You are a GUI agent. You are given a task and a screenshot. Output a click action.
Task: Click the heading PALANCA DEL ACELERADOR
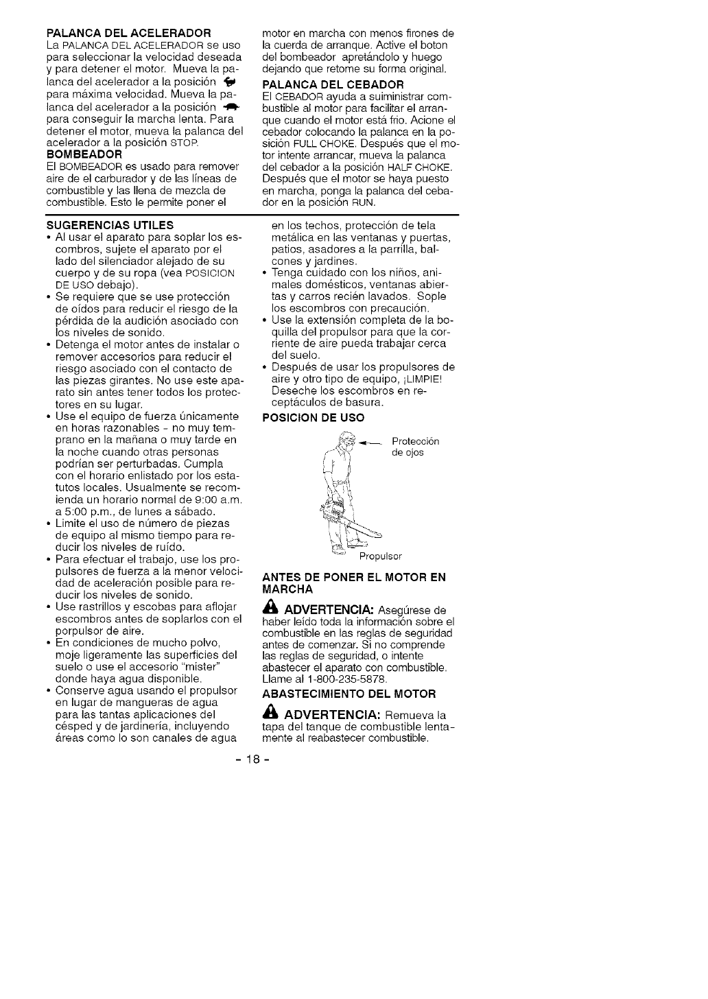(128, 33)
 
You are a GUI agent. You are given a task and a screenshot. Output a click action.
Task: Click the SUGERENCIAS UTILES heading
(110, 225)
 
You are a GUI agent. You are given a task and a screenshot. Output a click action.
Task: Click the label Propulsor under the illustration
(381, 556)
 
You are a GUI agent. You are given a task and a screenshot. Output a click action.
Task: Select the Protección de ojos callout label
(414, 447)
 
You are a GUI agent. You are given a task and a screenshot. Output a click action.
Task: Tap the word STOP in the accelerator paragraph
(185, 143)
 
